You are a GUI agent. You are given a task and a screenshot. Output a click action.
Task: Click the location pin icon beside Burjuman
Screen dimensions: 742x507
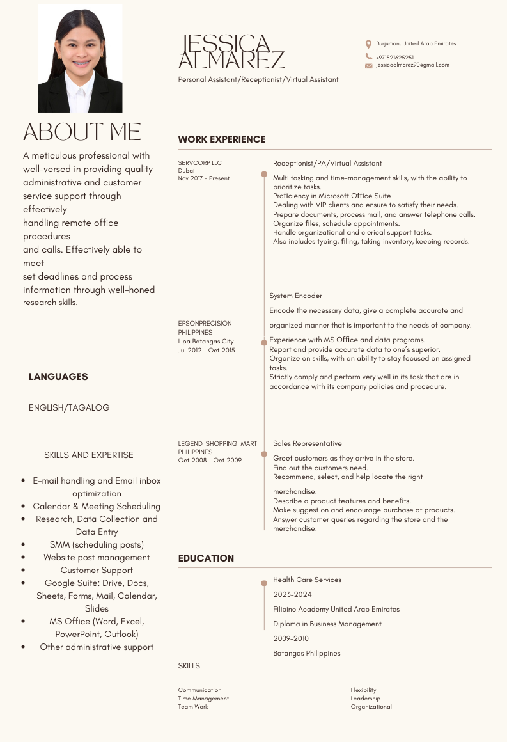pos(368,44)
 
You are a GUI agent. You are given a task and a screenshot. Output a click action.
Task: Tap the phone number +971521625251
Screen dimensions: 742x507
pos(394,57)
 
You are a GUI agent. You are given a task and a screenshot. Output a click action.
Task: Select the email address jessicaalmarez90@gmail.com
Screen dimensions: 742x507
pos(412,65)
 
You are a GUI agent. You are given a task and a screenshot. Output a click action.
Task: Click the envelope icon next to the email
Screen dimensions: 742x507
pos(368,65)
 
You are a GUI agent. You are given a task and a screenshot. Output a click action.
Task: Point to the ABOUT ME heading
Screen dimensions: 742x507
pos(82,132)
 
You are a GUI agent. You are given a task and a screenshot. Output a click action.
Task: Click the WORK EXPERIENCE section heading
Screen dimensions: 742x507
pos(221,139)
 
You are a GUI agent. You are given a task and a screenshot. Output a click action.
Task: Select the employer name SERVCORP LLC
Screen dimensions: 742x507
pos(199,163)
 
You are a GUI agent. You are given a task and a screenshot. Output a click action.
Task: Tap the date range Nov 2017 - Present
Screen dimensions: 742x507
pos(203,178)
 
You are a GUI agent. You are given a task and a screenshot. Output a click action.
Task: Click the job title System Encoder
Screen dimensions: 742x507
pos(295,296)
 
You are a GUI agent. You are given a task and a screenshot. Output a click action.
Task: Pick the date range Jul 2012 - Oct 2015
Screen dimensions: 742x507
pos(206,350)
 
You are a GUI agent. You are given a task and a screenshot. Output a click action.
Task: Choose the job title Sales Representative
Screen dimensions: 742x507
pos(307,443)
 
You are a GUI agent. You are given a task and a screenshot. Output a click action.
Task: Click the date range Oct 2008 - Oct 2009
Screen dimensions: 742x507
pos(210,461)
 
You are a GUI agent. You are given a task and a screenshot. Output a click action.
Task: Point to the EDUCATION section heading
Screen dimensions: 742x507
pos(206,558)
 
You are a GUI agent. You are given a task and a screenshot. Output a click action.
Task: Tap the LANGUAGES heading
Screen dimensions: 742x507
pos(58,377)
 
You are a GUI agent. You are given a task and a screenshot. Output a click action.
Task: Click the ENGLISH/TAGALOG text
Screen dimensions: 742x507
pos(69,407)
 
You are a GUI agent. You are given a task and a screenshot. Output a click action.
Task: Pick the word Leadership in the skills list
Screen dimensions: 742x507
pos(365,699)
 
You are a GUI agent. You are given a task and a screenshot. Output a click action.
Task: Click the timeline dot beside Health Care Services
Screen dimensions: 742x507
pos(264,583)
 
